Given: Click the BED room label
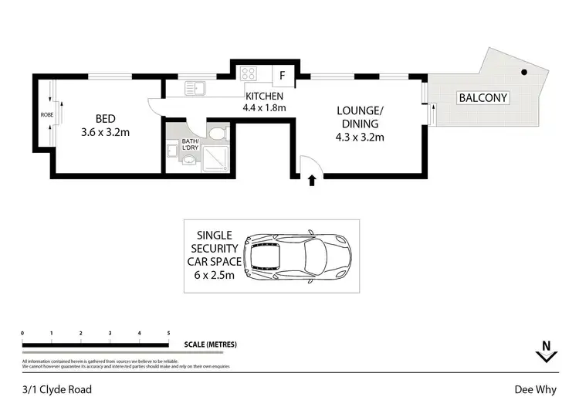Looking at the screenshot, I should [105, 118].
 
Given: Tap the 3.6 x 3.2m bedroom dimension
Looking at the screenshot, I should [105, 132].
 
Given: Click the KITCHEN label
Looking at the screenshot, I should [265, 95].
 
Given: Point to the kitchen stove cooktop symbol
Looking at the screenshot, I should [250, 75].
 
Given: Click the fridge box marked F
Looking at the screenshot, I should [283, 76].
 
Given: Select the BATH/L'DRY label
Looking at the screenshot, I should [189, 145].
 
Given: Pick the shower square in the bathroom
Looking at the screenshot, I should [212, 161].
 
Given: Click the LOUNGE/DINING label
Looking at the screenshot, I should [361, 117].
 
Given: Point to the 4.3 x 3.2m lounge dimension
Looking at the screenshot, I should [361, 137].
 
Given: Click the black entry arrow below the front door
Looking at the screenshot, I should [312, 181].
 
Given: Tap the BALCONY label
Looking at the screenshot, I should [482, 98].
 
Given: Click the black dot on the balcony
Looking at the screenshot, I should [524, 73].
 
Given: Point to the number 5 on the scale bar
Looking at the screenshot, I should [168, 333].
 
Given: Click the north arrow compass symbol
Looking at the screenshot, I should [546, 352].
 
